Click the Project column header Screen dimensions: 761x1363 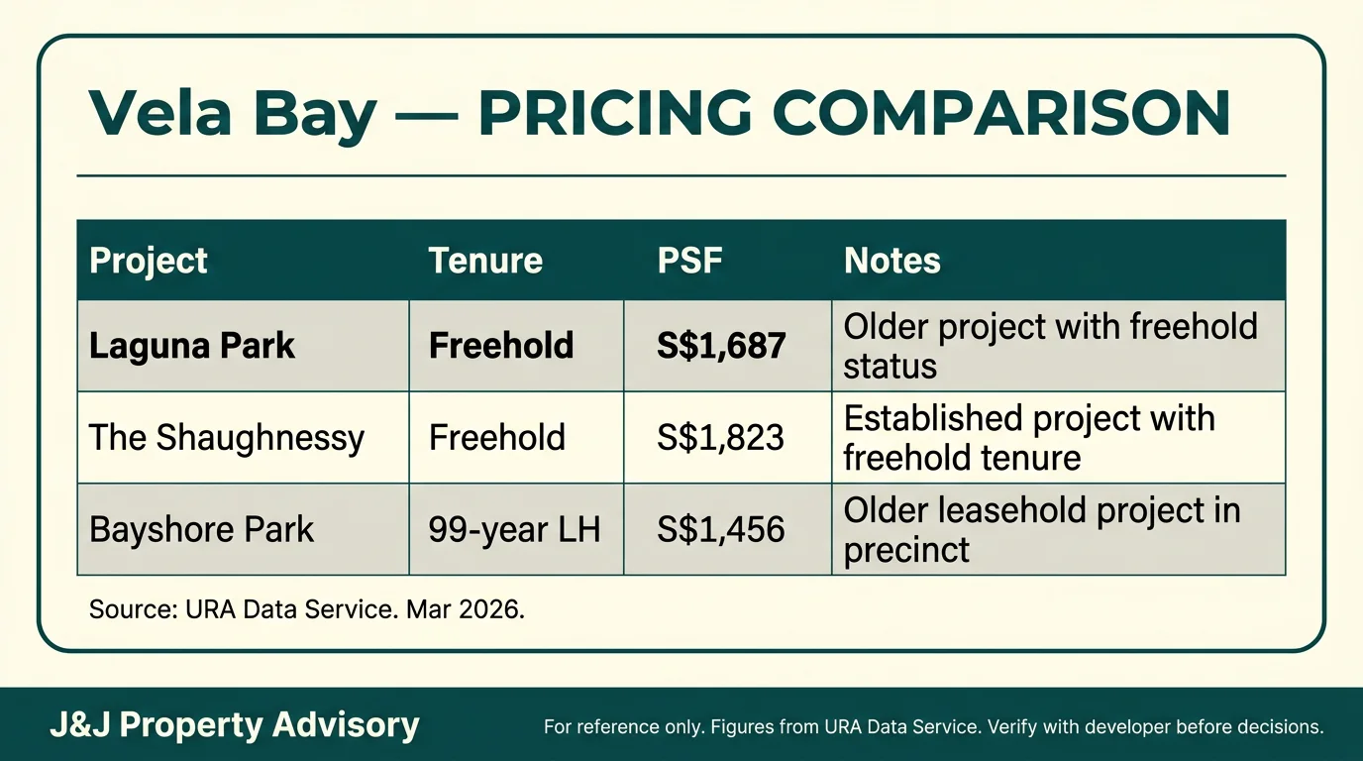point(149,261)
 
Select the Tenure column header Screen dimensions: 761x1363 point(485,261)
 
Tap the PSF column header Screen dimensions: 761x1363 point(689,261)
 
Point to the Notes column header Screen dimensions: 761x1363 point(891,261)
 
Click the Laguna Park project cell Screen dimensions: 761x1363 point(192,346)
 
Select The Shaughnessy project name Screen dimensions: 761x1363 point(227,438)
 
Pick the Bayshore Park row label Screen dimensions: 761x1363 point(201,529)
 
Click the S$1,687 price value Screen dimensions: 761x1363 point(721,346)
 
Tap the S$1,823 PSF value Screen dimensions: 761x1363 point(720,438)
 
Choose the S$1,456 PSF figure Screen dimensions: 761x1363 point(720,529)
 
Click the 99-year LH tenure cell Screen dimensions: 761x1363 point(514,529)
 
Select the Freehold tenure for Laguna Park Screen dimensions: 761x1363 point(500,346)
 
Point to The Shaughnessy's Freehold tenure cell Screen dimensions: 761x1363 point(496,438)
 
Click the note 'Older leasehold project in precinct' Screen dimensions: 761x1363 point(1041,529)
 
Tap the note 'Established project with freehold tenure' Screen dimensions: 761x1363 point(1028,438)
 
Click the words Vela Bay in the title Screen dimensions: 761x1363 point(233,114)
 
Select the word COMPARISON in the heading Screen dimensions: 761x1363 point(1000,114)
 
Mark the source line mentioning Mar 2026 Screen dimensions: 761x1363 point(306,609)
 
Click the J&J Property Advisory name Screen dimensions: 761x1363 point(235,725)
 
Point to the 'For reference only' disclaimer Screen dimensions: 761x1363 point(933,726)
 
